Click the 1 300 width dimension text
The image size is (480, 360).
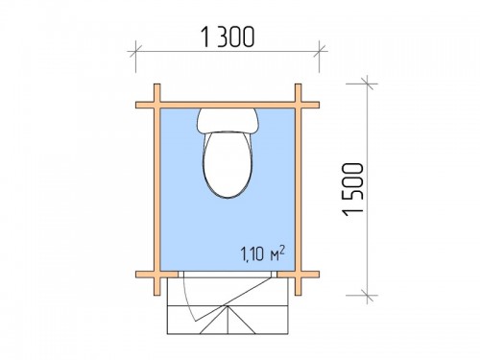(x=228, y=36)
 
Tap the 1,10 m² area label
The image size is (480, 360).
(x=262, y=253)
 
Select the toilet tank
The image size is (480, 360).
(x=228, y=120)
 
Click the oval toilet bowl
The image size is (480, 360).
(x=228, y=164)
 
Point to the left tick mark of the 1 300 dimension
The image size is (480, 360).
(x=135, y=51)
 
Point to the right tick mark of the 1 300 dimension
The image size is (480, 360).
(x=319, y=51)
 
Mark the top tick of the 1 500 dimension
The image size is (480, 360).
(x=368, y=84)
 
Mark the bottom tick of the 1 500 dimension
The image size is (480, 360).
(x=368, y=296)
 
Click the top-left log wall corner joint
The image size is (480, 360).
(x=157, y=105)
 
